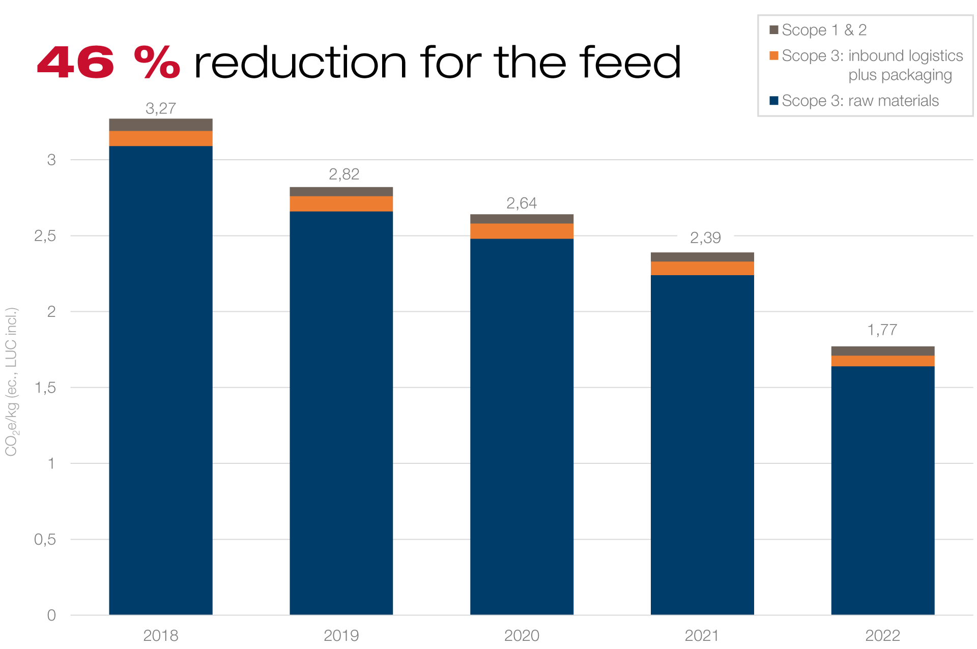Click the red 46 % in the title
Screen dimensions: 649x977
(x=108, y=63)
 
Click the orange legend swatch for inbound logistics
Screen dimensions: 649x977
(x=774, y=55)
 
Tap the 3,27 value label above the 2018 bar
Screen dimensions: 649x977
(x=161, y=108)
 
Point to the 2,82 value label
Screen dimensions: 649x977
(x=344, y=174)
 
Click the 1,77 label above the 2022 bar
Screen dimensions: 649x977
(x=882, y=330)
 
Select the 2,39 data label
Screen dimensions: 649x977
(x=705, y=238)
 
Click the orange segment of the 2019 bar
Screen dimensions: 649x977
(x=341, y=203)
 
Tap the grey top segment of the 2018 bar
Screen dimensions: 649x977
(x=161, y=125)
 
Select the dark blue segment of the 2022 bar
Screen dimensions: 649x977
(x=882, y=488)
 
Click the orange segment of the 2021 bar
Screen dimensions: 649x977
(x=702, y=268)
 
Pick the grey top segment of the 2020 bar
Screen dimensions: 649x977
(x=522, y=219)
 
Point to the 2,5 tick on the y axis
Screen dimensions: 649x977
(x=45, y=236)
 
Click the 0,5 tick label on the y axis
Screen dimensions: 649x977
(x=45, y=540)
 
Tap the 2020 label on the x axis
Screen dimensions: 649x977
(x=522, y=635)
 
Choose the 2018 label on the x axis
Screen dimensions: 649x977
(x=161, y=635)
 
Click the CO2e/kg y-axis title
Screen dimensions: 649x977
(x=11, y=381)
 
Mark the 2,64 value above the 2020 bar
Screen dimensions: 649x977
(x=522, y=203)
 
